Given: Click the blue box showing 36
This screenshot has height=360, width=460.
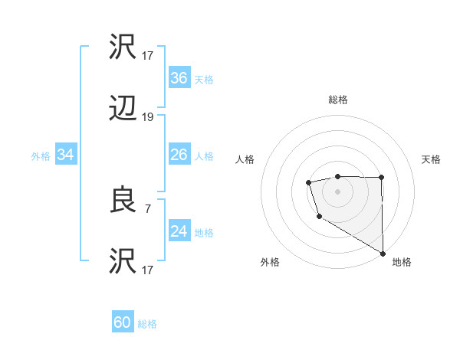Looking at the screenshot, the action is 179,78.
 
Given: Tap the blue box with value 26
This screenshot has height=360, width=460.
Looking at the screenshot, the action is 179,155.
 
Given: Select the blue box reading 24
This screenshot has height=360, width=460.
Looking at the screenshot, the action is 179,231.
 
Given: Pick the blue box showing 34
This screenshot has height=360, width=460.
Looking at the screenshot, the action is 66,155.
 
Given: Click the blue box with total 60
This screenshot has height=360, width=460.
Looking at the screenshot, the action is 123,323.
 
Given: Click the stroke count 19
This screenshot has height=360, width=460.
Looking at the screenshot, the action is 148,117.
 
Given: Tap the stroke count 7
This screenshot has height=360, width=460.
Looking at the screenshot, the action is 148,208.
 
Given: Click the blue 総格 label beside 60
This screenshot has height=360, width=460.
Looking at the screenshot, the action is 147,324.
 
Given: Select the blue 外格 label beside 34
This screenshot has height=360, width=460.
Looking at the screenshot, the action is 41,155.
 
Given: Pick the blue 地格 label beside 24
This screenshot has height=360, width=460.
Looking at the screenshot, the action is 204,232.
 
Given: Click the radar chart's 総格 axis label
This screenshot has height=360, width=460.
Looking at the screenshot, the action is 337,100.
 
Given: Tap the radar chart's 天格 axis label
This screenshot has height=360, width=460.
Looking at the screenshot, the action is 432,159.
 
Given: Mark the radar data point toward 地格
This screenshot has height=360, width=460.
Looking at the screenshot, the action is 383,254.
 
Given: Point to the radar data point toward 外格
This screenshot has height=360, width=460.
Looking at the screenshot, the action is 319,217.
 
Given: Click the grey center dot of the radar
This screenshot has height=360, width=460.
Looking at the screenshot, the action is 337,191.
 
